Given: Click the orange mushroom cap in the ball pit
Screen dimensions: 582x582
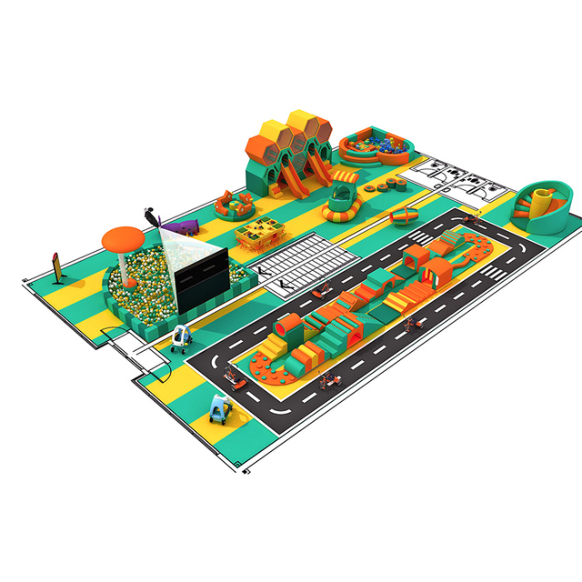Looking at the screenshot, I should (x=124, y=237).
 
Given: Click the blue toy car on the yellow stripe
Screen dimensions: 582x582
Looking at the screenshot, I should (x=220, y=410).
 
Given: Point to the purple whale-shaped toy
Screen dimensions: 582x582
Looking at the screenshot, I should (x=186, y=225).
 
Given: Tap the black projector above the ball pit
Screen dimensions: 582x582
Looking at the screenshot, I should (x=151, y=216).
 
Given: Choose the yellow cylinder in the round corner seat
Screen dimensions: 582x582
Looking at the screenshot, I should (x=543, y=198).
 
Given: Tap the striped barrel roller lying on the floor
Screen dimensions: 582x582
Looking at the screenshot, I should (x=405, y=216).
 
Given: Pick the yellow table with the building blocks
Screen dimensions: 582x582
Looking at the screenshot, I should (x=258, y=232).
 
